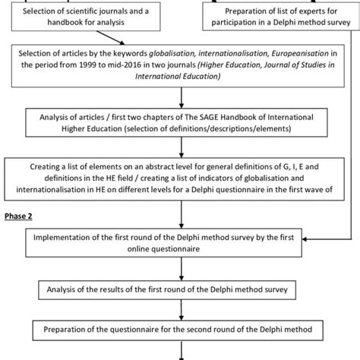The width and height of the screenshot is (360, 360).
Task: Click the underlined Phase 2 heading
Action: click(18, 216)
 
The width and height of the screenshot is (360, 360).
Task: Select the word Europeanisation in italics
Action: click(300, 53)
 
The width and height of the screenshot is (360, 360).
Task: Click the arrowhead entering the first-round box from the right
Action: click(305, 239)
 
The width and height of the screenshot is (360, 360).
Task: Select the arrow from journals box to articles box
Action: click(110, 38)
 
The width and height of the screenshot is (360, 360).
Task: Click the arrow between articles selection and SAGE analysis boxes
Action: click(182, 98)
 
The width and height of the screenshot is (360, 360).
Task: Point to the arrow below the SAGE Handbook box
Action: click(182, 147)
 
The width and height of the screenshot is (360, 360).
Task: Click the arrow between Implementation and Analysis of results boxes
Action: click(182, 269)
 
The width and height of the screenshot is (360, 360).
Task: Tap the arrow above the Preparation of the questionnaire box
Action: click(182, 310)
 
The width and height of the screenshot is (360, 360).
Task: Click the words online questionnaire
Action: click(163, 249)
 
